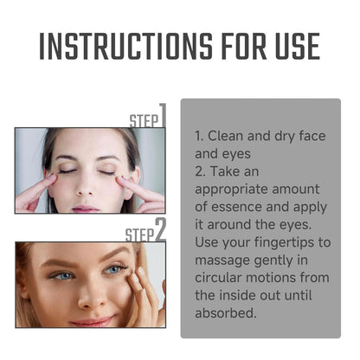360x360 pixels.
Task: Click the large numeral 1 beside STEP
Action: (162, 116)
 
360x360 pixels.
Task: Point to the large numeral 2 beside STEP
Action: (161, 230)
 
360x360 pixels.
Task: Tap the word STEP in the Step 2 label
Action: (139, 235)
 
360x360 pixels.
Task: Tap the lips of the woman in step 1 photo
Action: (85, 206)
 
